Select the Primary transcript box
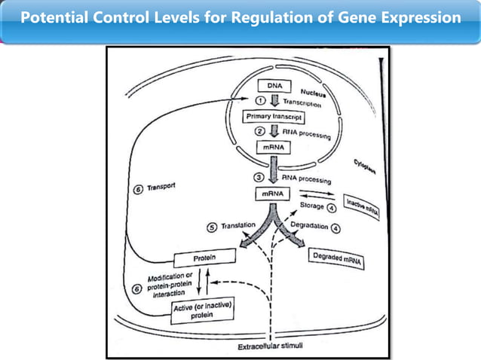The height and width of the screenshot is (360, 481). pyautogui.click(x=273, y=117)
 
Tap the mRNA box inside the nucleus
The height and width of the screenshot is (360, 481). pyautogui.click(x=272, y=148)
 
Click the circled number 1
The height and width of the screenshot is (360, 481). pyautogui.click(x=261, y=101)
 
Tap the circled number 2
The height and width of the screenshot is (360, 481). pyautogui.click(x=261, y=132)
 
